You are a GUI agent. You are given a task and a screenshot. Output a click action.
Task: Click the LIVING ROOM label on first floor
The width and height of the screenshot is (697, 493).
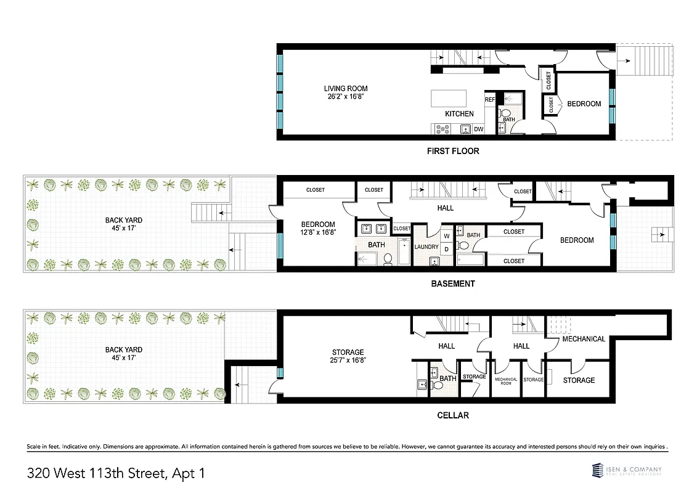(x=348, y=89)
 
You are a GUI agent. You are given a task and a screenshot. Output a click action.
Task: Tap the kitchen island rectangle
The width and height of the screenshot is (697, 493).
(x=448, y=98)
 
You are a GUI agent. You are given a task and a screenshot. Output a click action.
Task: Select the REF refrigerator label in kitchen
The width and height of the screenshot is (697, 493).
(x=490, y=99)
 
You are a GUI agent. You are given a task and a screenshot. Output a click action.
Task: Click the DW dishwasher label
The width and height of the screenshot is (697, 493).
(x=478, y=129)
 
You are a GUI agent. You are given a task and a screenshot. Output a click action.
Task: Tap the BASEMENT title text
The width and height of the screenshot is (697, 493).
(x=452, y=284)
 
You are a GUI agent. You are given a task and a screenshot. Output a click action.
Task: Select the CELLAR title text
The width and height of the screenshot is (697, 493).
(x=454, y=415)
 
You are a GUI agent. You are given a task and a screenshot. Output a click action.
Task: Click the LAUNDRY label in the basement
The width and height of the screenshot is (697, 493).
(x=426, y=247)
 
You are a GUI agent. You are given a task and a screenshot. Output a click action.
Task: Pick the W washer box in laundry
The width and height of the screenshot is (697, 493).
(x=446, y=235)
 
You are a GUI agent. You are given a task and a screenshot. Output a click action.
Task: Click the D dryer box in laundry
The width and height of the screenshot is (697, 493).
(x=446, y=248)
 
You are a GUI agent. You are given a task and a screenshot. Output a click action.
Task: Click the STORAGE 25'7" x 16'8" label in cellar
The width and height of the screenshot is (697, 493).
(x=347, y=352)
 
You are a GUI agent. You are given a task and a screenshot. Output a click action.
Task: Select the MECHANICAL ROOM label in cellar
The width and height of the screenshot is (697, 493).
(x=506, y=381)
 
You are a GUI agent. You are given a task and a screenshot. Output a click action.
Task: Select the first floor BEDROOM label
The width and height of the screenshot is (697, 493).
(x=584, y=104)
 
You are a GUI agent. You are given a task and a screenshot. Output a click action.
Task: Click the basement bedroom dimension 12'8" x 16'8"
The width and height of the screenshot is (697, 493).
(x=317, y=232)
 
